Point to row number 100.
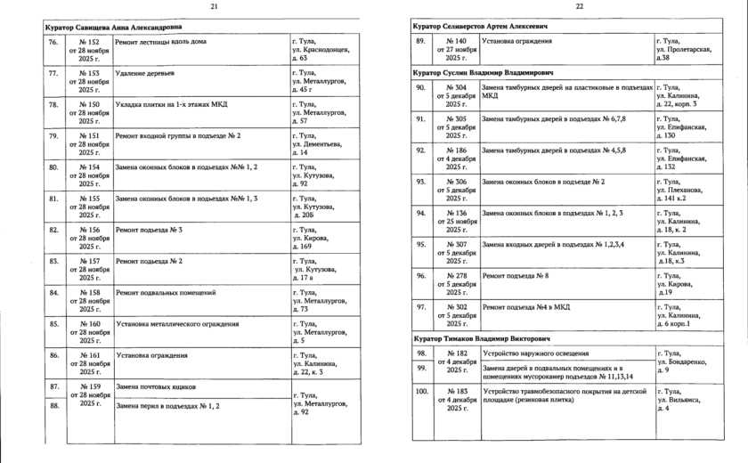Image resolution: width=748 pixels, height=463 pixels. pyautogui.click(x=422, y=391)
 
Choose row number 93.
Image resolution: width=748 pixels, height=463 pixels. pyautogui.click(x=421, y=182)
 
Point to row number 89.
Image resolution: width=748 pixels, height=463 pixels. pyautogui.click(x=421, y=42)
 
